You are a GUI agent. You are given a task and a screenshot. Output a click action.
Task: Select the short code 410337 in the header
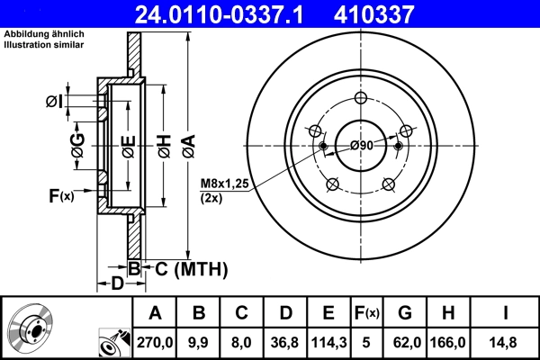[x=401, y=13]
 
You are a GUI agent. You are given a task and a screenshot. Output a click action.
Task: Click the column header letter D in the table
[x=285, y=312]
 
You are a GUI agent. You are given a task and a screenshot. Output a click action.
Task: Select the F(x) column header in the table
[x=369, y=312]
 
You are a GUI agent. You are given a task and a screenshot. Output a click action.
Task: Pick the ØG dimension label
[x=78, y=143]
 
